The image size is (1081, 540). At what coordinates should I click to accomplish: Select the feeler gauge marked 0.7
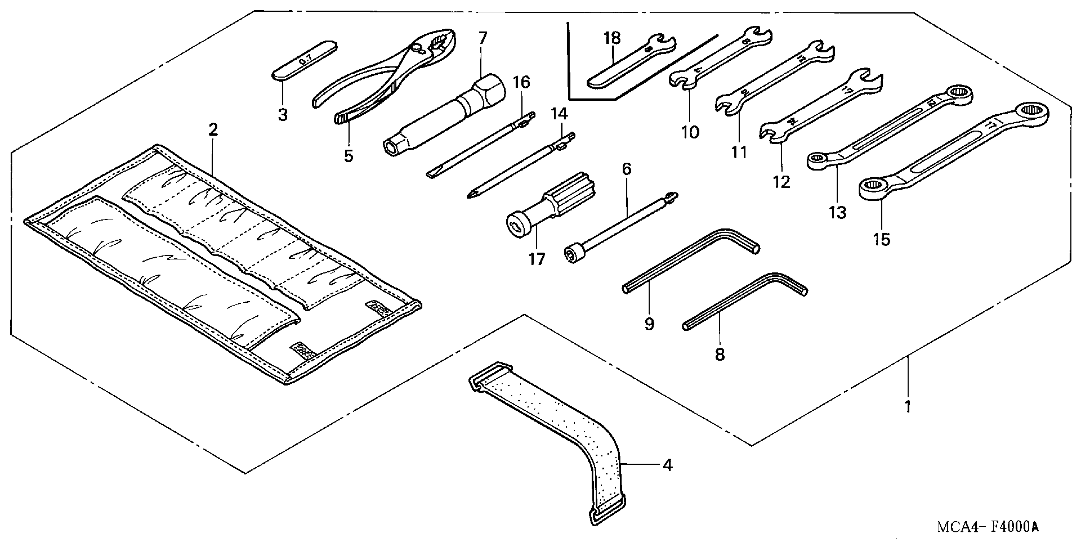point(305,60)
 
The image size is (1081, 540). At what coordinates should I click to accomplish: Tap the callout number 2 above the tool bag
point(213,130)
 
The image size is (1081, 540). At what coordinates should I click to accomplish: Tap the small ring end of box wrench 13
point(817,160)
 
